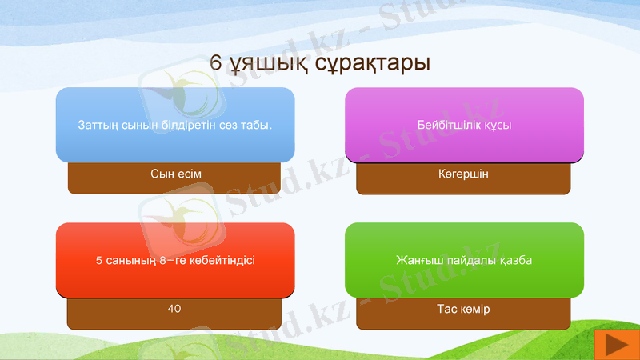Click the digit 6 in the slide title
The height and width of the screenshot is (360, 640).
pos(216,62)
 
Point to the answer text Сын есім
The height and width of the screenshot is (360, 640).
pos(174,174)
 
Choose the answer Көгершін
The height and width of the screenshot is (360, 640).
pos(463,174)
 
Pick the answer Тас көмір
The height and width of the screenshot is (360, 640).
pos(463,309)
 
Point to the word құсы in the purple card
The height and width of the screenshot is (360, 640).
pos(496,126)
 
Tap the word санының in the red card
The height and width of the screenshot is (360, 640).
pos(131,261)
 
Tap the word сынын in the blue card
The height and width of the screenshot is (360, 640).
pos(139,126)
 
